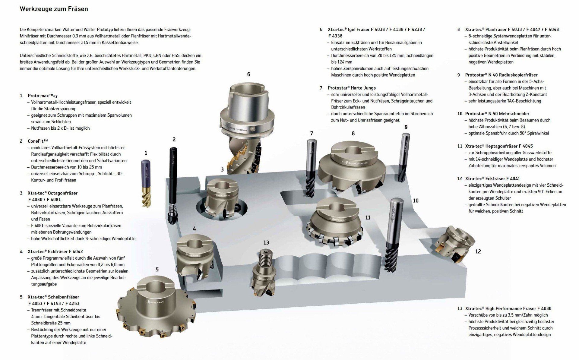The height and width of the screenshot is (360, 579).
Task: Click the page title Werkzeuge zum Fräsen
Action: pos(54,9)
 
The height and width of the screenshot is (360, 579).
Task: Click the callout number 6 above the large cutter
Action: pos(248,74)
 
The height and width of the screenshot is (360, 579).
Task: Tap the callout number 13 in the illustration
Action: pos(266,242)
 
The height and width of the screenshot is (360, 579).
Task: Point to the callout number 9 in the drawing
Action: pos(406,127)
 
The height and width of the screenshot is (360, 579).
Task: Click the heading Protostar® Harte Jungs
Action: pos(352,88)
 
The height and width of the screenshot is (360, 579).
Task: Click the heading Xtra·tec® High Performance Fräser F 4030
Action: pos(508,308)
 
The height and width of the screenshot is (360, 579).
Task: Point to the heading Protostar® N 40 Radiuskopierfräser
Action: pos(501,75)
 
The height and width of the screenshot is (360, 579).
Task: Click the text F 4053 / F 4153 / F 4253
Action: pos(54,304)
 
